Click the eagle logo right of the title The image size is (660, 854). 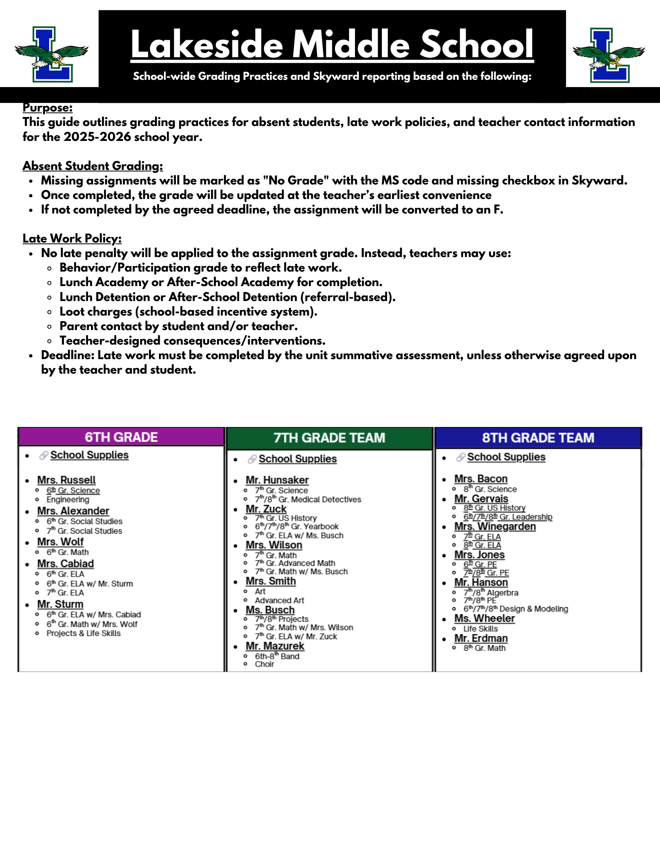click(x=608, y=56)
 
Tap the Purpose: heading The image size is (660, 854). click(x=47, y=108)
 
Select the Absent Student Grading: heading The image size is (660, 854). click(x=93, y=166)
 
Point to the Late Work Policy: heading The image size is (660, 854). click(x=72, y=238)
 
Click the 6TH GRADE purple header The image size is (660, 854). click(x=121, y=437)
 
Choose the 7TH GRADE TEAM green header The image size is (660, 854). click(x=329, y=438)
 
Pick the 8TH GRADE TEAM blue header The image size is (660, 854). click(x=538, y=438)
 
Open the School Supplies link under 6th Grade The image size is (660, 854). click(x=89, y=455)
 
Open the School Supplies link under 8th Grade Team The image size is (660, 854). click(x=506, y=457)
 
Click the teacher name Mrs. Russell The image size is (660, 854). click(x=66, y=480)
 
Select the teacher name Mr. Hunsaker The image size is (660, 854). click(x=277, y=480)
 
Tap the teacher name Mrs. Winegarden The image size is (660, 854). click(x=495, y=526)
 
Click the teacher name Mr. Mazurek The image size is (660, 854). click(x=275, y=646)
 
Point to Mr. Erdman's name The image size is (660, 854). click(x=481, y=638)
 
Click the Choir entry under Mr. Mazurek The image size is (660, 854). click(x=264, y=664)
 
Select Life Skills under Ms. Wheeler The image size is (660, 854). click(x=481, y=629)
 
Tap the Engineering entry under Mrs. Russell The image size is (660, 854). click(x=68, y=500)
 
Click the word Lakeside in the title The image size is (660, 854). click(x=207, y=44)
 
